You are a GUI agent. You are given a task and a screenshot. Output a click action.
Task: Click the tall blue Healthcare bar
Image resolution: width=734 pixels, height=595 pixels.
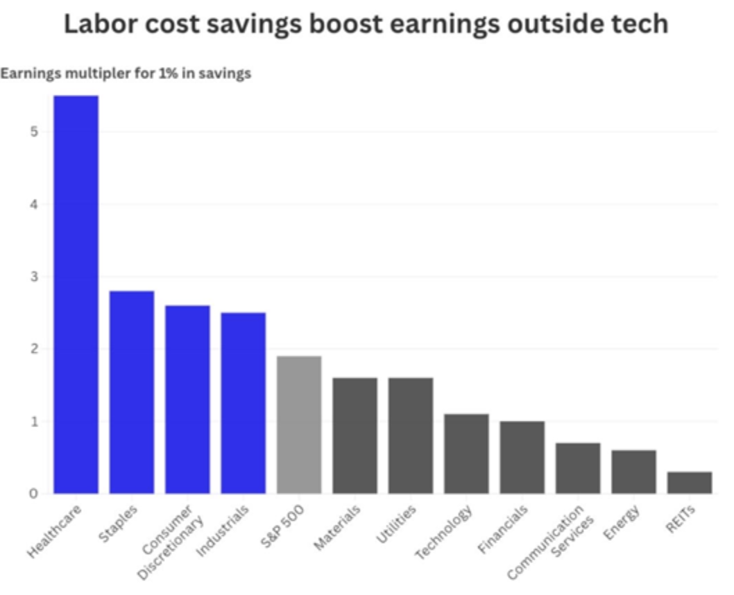(x=76, y=295)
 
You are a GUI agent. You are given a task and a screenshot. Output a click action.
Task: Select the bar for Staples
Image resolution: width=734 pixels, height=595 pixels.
(x=132, y=392)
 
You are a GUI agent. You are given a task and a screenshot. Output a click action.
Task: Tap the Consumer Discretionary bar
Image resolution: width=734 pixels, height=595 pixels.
(x=187, y=399)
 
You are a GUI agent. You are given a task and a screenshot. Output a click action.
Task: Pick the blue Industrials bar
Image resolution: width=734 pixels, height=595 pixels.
(x=244, y=403)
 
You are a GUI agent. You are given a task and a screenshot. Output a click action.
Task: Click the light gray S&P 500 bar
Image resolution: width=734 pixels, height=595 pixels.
(x=299, y=424)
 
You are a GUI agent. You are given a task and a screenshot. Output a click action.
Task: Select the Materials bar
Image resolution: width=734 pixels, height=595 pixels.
(x=355, y=436)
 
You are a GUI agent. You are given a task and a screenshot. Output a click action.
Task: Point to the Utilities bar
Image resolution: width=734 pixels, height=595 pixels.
(x=411, y=436)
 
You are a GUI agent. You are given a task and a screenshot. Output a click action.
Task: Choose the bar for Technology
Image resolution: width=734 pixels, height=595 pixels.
(x=466, y=454)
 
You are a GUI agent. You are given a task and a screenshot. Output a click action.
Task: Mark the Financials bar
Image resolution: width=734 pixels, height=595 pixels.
(x=522, y=457)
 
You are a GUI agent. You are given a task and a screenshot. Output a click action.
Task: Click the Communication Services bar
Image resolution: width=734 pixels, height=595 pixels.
(x=578, y=468)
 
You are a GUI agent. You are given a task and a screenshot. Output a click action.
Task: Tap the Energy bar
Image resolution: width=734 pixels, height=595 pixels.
(x=633, y=472)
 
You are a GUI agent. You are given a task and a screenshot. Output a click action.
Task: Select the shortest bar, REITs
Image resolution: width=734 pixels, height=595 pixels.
(x=690, y=483)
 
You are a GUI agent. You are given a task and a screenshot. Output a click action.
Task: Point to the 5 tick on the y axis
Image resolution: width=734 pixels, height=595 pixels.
(x=33, y=132)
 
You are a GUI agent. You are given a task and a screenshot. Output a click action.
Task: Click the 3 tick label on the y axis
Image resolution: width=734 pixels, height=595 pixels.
(x=33, y=277)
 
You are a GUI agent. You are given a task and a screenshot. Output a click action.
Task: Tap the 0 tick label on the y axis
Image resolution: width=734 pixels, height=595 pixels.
(x=33, y=494)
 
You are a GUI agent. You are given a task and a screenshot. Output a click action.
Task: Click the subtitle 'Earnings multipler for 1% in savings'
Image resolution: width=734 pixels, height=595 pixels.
(x=126, y=74)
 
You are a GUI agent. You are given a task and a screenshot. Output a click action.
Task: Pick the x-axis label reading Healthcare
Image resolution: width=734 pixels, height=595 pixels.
(x=56, y=531)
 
